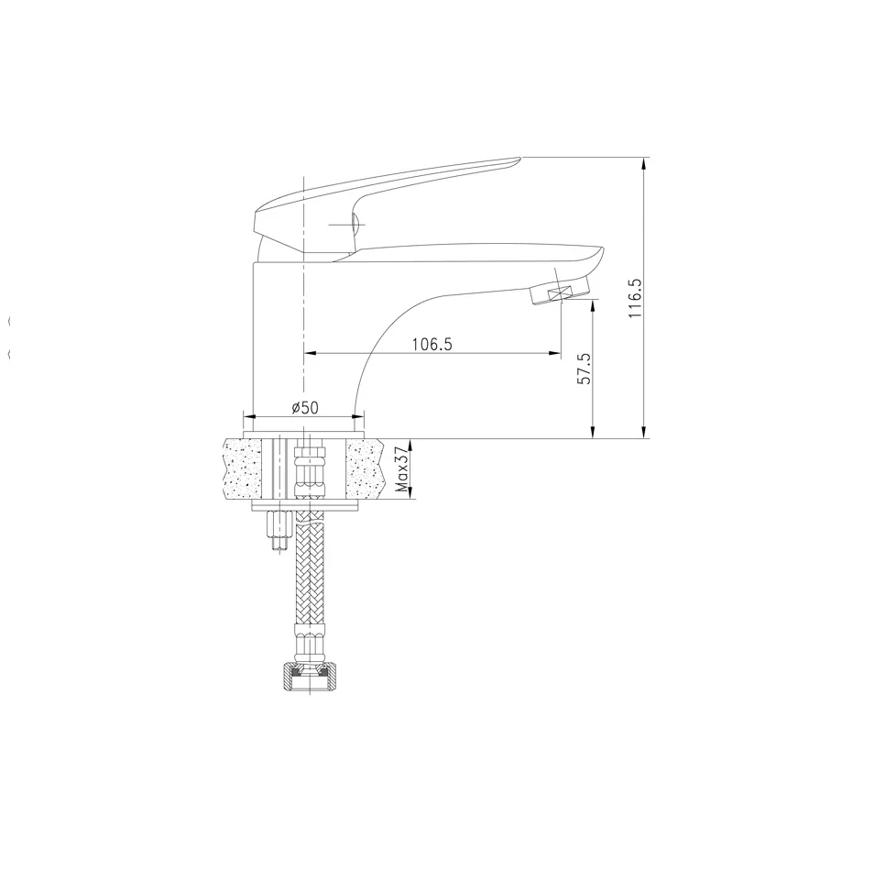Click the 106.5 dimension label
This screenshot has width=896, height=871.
click(432, 344)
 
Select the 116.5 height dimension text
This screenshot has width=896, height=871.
click(636, 298)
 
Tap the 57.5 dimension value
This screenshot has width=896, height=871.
click(584, 368)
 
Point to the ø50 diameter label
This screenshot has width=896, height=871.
click(304, 407)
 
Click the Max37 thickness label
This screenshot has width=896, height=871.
click(402, 469)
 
